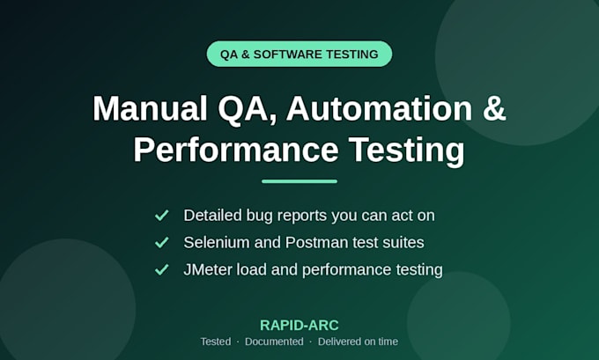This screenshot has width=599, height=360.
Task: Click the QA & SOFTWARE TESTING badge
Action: pos(299,54)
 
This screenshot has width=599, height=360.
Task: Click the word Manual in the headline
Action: pos(150,108)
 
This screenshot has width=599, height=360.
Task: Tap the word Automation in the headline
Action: pos(380,108)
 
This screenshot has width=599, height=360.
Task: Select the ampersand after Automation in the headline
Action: pos(494,108)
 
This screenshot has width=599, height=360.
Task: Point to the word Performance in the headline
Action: pos(236,150)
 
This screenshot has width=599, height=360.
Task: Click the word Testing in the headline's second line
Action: pos(406,151)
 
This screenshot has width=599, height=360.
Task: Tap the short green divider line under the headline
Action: pos(299,181)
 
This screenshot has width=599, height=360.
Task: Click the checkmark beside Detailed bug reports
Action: pos(161,216)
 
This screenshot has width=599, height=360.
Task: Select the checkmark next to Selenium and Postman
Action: pos(161,242)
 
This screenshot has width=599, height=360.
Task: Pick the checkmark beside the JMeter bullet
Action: pos(161,269)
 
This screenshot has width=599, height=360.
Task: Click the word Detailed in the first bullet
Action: pos(213,216)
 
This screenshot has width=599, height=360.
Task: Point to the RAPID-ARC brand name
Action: pos(299,326)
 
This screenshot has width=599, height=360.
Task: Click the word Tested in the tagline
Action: pos(216,342)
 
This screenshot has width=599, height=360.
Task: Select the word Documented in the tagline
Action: pos(274,342)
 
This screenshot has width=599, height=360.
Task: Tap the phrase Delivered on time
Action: pos(358,342)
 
